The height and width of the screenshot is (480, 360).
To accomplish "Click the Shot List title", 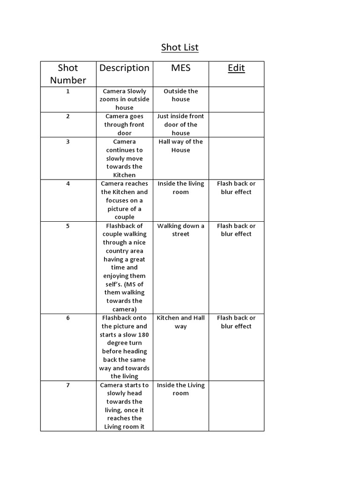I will point(180,47).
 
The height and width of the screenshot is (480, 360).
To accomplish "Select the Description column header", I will point(124,68).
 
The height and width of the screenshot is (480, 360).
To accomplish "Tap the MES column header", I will point(180,68).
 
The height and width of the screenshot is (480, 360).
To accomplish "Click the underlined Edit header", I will point(236,68).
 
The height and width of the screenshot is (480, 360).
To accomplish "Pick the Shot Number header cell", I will point(68,74).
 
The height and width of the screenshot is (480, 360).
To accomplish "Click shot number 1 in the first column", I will point(68,91).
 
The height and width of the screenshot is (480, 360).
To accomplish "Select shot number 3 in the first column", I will point(68,142).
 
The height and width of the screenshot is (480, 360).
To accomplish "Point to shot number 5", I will point(68,226).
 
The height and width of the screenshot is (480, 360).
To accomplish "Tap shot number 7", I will point(68,385).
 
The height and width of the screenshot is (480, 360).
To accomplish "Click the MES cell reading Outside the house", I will point(180,95).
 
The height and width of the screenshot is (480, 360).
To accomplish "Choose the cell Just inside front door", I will point(180,125).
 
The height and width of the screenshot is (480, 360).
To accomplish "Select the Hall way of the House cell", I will point(180,146).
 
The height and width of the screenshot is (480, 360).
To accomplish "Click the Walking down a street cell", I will point(180,230).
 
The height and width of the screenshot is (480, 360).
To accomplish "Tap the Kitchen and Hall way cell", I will point(180,322).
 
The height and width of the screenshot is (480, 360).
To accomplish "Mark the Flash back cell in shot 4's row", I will point(236,187).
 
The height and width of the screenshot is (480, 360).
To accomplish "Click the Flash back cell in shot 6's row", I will point(236,322).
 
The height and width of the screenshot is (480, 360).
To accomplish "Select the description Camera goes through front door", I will point(124,125).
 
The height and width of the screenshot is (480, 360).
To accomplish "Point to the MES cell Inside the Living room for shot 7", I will point(180,389).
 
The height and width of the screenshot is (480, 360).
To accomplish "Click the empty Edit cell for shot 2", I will point(236,125).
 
